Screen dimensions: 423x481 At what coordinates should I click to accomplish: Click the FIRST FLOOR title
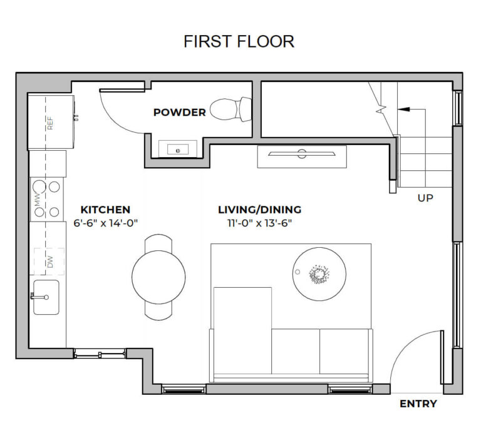coord(239,41)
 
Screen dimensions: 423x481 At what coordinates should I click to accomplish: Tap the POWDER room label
coord(180,113)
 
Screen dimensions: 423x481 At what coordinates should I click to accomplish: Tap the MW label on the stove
coord(38,201)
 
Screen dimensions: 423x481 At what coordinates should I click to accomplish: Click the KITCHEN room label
coord(105,210)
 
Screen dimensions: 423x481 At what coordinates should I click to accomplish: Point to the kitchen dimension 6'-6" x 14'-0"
coord(105,222)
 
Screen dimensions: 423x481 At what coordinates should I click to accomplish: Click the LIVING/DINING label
coord(259,210)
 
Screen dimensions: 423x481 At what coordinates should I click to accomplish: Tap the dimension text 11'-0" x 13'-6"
coord(259,222)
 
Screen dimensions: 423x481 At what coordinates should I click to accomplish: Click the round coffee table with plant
coord(319,273)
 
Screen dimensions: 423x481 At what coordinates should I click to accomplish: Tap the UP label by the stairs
coord(425,198)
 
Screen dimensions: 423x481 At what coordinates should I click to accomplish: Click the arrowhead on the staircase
coord(403,109)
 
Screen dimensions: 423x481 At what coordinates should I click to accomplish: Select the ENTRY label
coord(418,404)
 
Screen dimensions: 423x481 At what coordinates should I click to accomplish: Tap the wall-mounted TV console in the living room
coord(302,156)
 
